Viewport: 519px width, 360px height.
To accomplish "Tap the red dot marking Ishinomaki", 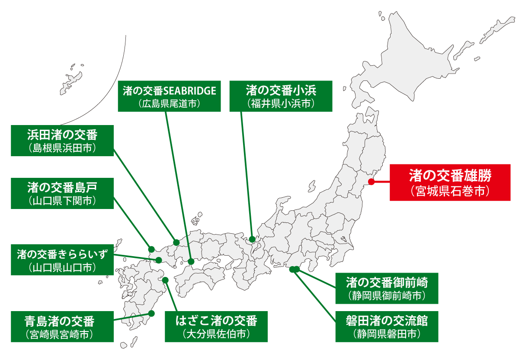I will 371,182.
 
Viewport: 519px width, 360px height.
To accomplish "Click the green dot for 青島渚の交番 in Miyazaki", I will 151,313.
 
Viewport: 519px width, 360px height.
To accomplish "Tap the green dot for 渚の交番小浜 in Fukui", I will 252,239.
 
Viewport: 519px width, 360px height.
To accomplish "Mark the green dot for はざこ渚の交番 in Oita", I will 165,280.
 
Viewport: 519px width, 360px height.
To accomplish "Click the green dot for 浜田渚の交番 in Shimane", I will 176,242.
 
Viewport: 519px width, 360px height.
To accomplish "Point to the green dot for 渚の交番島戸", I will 151,249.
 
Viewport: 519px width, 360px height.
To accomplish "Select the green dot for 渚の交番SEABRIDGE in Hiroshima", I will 191,261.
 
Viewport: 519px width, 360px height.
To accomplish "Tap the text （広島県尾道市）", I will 169,104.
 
